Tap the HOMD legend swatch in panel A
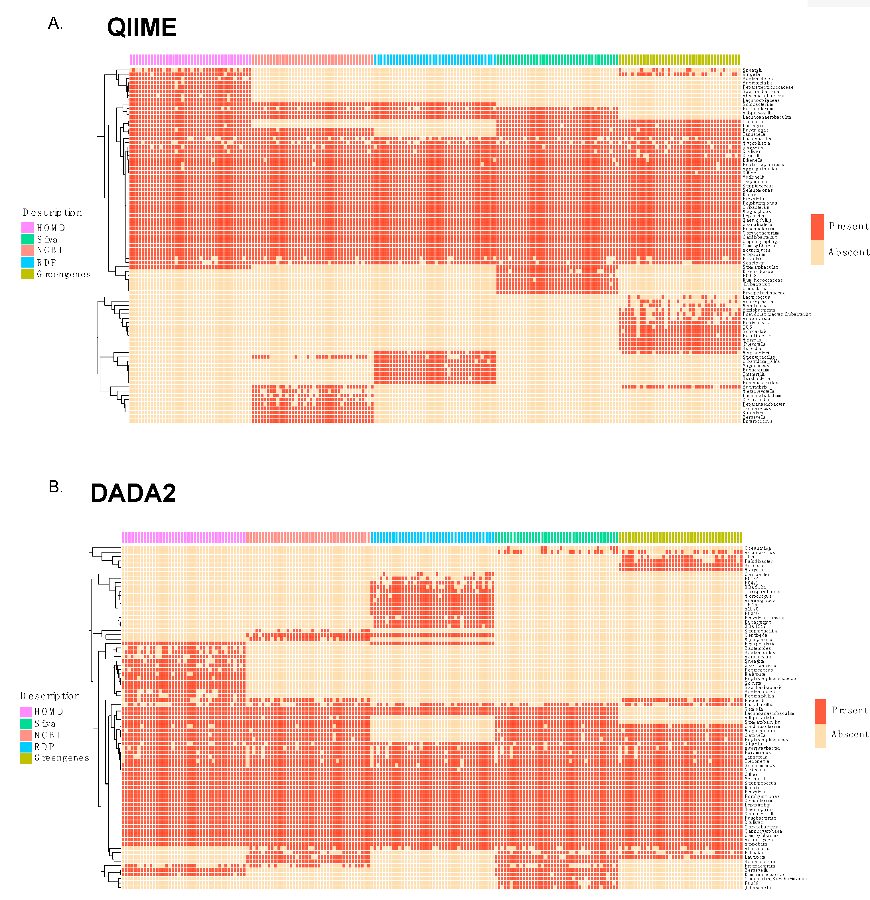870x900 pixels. click(27, 227)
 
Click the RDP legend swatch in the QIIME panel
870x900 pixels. click(27, 262)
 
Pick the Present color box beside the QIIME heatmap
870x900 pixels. click(817, 226)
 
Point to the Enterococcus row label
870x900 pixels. click(758, 421)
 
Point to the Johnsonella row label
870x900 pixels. click(758, 887)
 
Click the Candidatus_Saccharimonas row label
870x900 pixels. click(775, 878)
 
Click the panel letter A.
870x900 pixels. click(55, 23)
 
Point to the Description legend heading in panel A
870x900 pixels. click(52, 213)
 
